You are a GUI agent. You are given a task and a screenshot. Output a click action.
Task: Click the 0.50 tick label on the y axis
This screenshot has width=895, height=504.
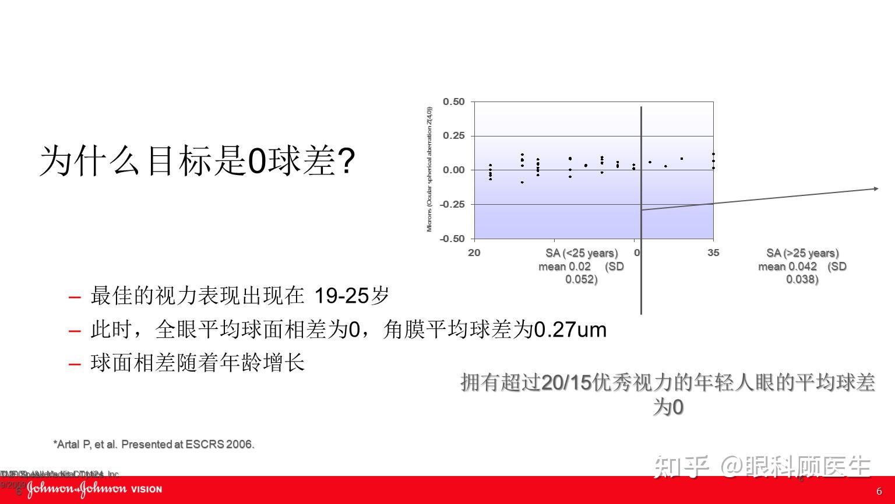(453, 102)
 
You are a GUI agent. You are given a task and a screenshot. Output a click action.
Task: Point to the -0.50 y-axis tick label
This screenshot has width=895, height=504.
(452, 239)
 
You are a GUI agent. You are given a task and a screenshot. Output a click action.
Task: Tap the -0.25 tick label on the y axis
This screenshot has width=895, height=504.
(452, 204)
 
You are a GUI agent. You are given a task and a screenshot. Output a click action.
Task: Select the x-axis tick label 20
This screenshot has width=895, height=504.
(474, 253)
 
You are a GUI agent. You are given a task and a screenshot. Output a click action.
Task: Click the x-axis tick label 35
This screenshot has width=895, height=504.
(713, 253)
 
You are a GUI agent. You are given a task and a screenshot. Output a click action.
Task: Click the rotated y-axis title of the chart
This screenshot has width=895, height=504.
(430, 169)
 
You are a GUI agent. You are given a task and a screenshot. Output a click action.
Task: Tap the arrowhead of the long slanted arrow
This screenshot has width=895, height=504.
(876, 188)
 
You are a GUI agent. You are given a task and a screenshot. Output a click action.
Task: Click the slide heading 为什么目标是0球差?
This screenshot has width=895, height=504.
(197, 162)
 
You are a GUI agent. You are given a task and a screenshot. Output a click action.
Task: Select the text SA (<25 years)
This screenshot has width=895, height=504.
(582, 253)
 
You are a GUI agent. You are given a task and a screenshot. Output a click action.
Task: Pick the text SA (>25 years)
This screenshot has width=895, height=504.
(802, 253)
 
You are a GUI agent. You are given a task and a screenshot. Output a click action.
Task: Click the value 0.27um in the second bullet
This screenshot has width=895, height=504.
(570, 330)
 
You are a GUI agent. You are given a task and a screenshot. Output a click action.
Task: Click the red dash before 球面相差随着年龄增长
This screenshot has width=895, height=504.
(75, 365)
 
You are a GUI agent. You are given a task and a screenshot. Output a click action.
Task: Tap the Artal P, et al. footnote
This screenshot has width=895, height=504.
(154, 444)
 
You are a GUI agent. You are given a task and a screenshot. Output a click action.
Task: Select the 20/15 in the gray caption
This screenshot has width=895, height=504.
(566, 383)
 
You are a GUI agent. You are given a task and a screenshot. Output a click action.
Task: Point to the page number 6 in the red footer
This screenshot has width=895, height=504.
(879, 491)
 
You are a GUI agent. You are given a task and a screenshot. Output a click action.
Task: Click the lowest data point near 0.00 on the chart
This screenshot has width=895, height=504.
(522, 183)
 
